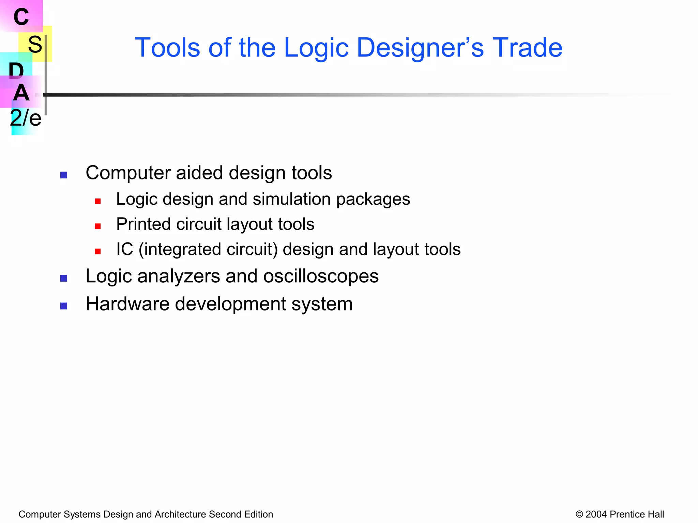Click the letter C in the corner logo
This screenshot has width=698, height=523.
(21, 17)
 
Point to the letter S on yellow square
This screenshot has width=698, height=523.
(35, 44)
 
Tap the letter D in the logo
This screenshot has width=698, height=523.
(16, 70)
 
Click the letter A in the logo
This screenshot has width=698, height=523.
(21, 93)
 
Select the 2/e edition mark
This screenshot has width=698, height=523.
(26, 118)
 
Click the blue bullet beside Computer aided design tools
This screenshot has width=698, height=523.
(64, 175)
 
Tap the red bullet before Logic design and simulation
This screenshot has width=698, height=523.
(98, 201)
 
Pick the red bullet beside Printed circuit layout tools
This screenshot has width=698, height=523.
(98, 226)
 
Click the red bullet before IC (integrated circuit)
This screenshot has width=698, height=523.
(98, 252)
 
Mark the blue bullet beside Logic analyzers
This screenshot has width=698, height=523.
(64, 279)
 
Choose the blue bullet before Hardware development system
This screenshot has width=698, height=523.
(64, 306)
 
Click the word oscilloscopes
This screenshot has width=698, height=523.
(321, 276)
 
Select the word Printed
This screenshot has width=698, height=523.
(143, 224)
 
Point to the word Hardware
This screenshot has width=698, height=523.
(127, 304)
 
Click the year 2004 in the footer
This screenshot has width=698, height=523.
(596, 514)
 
